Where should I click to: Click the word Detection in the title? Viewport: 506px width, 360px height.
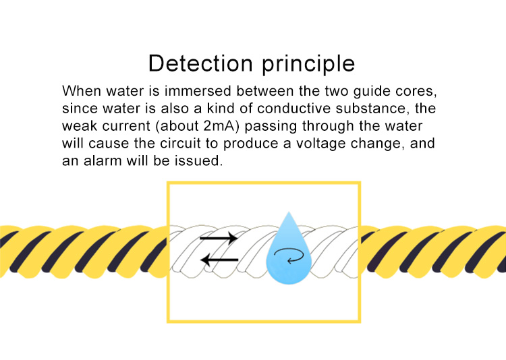(x=200, y=63)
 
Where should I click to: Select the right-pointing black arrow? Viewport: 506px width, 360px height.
(x=219, y=239)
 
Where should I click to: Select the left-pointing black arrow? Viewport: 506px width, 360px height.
(x=219, y=260)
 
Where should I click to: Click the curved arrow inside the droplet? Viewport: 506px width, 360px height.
(x=289, y=256)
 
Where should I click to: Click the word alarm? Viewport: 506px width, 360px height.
(x=103, y=160)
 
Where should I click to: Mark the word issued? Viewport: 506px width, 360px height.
(x=199, y=160)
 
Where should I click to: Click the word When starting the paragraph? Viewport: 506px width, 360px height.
(x=82, y=91)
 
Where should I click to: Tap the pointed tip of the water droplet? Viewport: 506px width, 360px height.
(x=289, y=212)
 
